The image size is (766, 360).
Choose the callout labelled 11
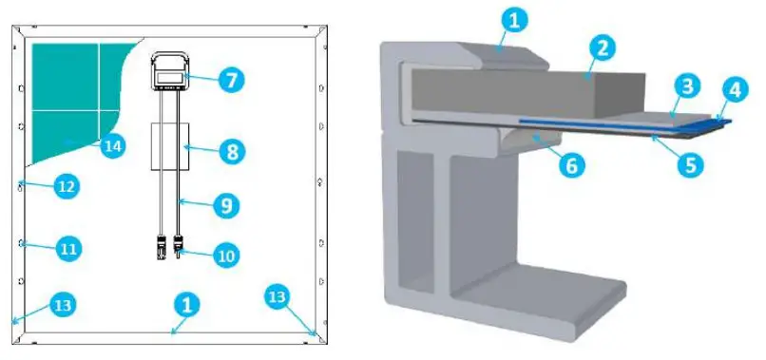pos(66,249)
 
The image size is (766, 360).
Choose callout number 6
pos(568,165)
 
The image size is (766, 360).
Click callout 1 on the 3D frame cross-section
pos(512,19)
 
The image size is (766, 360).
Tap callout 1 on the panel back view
pos(187,304)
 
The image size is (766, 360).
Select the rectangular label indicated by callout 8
pos(172,145)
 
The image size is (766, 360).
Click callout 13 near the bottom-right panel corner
pos(277,296)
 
